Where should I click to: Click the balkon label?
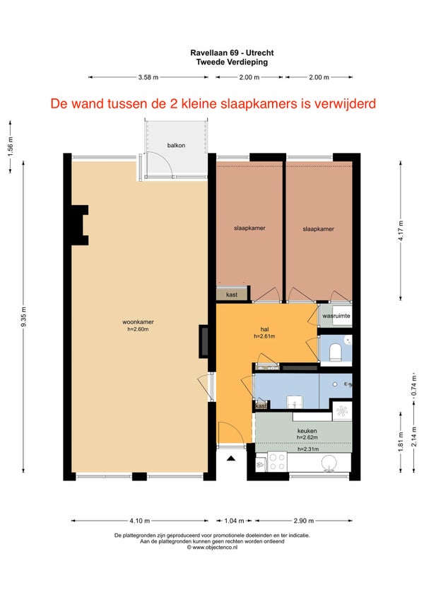pyautogui.click(x=176, y=146)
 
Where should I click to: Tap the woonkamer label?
pyautogui.click(x=138, y=322)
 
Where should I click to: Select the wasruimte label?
pyautogui.click(x=336, y=316)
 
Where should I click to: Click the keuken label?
pyautogui.click(x=307, y=431)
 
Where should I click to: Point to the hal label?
pyautogui.click(x=264, y=329)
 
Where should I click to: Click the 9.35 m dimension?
pyautogui.click(x=24, y=317)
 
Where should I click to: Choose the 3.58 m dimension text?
pyautogui.click(x=148, y=77)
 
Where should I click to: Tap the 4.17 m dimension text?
pyautogui.click(x=401, y=231)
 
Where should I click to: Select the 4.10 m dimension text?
pyautogui.click(x=139, y=521)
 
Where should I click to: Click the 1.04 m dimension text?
pyautogui.click(x=234, y=521)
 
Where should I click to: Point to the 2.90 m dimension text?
pyautogui.click(x=304, y=521)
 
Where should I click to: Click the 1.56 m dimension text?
pyautogui.click(x=11, y=146)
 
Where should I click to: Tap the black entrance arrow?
pyautogui.click(x=231, y=458)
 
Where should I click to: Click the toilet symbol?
pyautogui.click(x=335, y=352)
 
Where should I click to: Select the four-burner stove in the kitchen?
pyautogui.click(x=277, y=461)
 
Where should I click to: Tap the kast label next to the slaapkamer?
pyautogui.click(x=232, y=294)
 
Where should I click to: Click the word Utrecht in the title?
pyautogui.click(x=259, y=53)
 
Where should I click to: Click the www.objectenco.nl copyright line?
pyautogui.click(x=212, y=548)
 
